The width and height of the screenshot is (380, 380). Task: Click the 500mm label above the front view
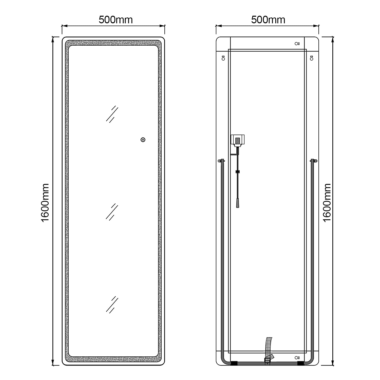pyautogui.click(x=116, y=20)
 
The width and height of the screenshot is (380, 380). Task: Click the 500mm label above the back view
pyautogui.click(x=268, y=20)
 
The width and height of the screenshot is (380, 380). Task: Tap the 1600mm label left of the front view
pyautogui.click(x=45, y=203)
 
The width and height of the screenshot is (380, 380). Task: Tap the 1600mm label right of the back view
pyautogui.click(x=327, y=203)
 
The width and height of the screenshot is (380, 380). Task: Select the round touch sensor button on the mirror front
pyautogui.click(x=143, y=140)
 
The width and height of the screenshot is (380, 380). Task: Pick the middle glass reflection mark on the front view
pyautogui.click(x=112, y=212)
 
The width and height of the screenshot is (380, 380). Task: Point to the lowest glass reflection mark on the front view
pyautogui.click(x=112, y=305)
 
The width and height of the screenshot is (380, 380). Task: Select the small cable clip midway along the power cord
pyautogui.click(x=238, y=172)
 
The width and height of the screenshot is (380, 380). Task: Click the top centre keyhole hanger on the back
pyautogui.click(x=297, y=44)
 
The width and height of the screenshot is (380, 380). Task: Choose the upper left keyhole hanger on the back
pyautogui.click(x=223, y=58)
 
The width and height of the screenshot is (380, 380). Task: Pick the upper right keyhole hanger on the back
pyautogui.click(x=312, y=58)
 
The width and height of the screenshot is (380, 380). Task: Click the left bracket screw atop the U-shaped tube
pyautogui.click(x=219, y=161)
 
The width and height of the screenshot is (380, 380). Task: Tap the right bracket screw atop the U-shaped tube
pyautogui.click(x=316, y=161)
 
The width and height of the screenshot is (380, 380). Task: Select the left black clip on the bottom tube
pyautogui.click(x=234, y=363)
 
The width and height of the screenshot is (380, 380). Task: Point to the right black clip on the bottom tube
pyautogui.click(x=300, y=363)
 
